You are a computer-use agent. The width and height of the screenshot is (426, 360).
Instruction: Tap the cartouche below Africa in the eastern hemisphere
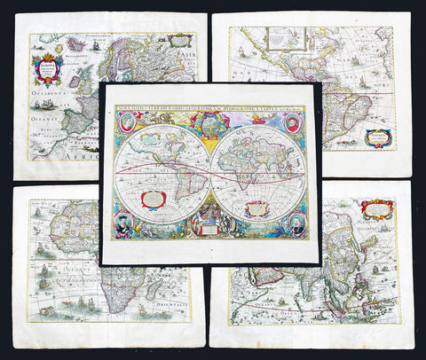(x=257, y=208)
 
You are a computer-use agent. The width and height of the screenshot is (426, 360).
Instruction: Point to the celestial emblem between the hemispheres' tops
(x=211, y=123)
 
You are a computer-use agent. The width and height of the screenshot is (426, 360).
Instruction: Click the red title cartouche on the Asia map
(x=376, y=210)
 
